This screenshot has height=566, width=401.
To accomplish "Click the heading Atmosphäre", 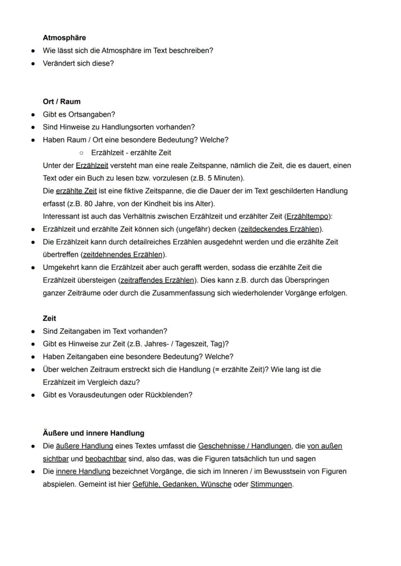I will pos(64,38).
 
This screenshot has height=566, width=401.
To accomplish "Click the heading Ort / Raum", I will pos(62,102).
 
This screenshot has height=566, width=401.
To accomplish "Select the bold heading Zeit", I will pos(49,319).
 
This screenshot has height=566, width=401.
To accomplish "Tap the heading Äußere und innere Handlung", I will pos(93,433).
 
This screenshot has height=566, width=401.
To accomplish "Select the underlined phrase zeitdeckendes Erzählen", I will pos(280,229).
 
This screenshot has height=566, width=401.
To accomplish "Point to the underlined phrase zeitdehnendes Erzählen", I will pos(123,255).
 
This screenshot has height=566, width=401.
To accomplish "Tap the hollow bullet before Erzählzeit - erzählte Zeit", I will pos(82,153).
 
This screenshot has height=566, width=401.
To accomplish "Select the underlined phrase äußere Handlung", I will pos(84,446).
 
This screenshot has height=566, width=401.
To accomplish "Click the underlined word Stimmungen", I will pos(271,484).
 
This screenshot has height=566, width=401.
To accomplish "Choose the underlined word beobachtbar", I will pos(106,459).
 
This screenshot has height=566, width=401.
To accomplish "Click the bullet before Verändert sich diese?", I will pos(32,63).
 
